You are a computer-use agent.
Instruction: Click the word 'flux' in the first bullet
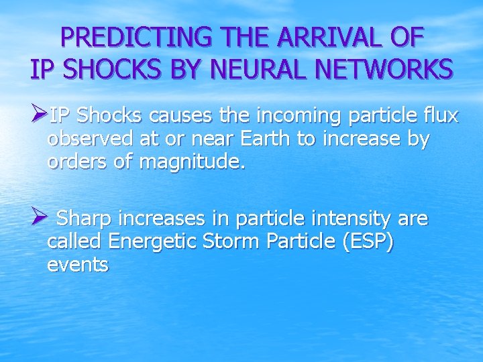point(440,116)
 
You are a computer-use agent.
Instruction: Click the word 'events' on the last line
point(78,265)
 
